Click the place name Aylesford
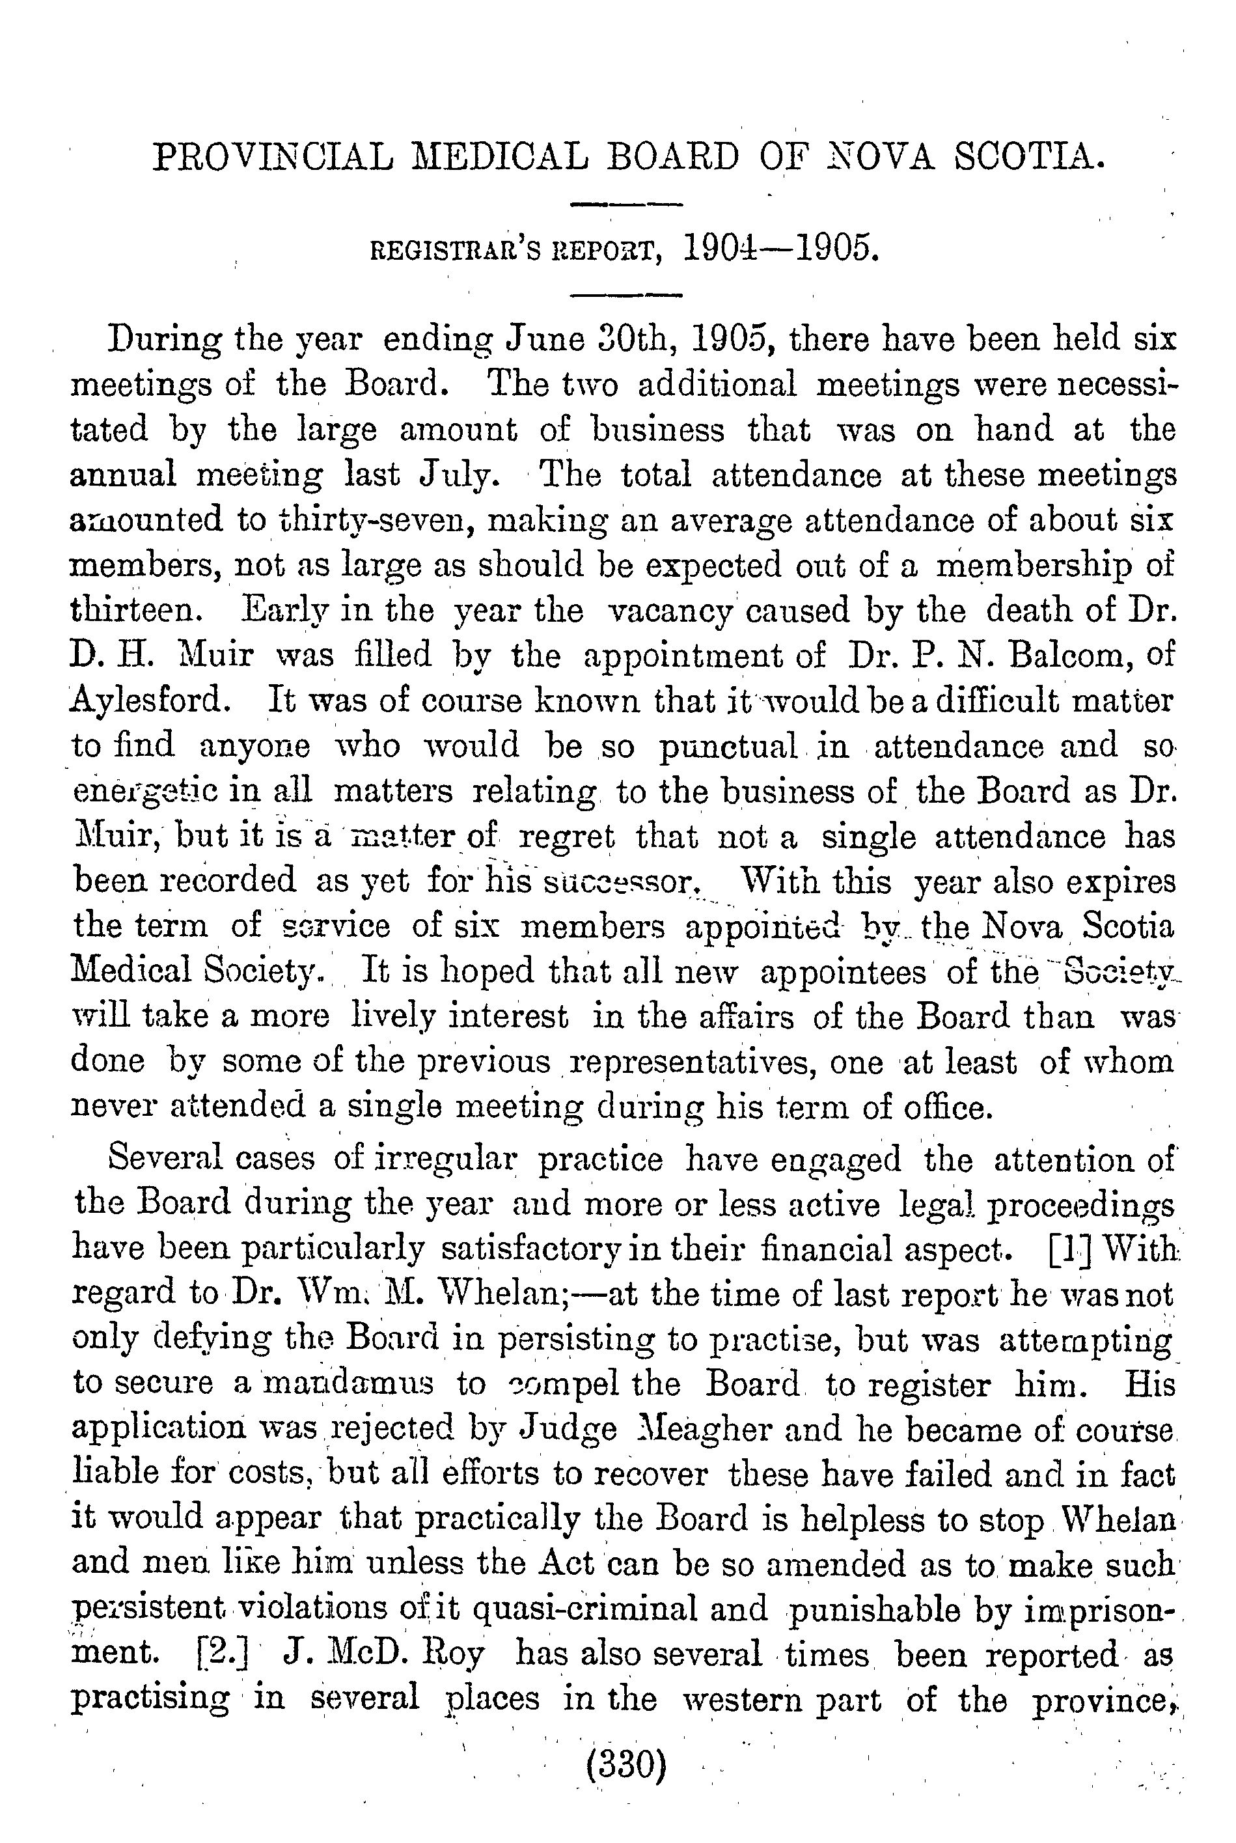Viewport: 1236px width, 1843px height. [x=146, y=700]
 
